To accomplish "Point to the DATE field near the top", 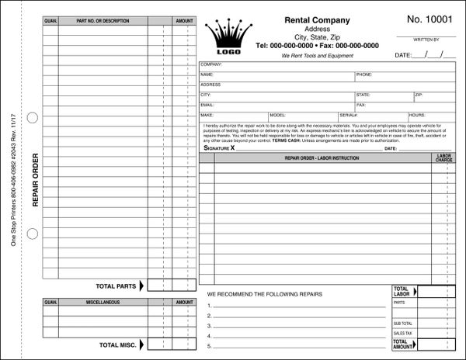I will tap(424, 56).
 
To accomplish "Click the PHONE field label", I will tap(364, 75).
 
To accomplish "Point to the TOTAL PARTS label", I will tap(118, 284).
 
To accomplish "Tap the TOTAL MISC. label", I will tap(120, 344).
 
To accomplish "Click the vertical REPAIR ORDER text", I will tap(34, 180).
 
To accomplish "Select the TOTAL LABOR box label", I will tap(402, 291).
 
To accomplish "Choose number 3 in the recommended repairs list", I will tap(209, 326).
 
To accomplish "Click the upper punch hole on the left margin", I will tap(31, 118).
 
